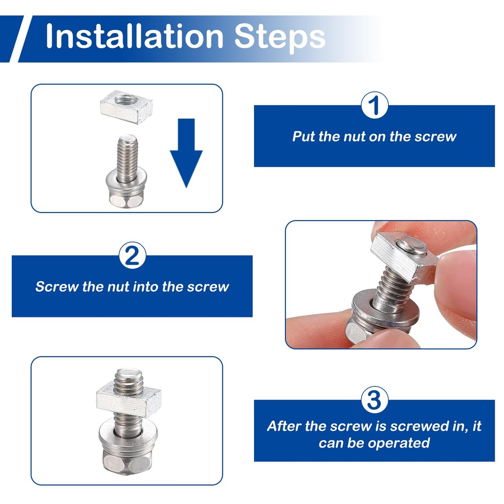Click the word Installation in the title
(x=135, y=36)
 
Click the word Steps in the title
(x=280, y=38)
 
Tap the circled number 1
(x=375, y=105)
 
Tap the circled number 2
(x=132, y=255)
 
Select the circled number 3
(x=374, y=400)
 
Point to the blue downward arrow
(x=186, y=153)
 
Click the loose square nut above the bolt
(x=126, y=107)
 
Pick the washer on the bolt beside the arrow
(x=126, y=182)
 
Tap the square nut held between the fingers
(x=404, y=258)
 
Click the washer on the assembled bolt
(x=127, y=436)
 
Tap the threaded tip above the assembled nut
(x=128, y=378)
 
